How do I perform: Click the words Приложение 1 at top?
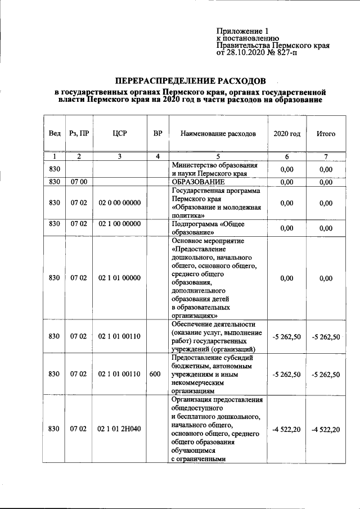click(x=244, y=32)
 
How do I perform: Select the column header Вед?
click(x=55, y=134)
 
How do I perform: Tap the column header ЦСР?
click(x=119, y=134)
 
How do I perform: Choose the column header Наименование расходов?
click(x=218, y=134)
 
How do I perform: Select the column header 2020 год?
click(x=286, y=134)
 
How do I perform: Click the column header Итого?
click(x=326, y=134)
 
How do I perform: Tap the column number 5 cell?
click(x=218, y=156)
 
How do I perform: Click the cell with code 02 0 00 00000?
click(x=119, y=203)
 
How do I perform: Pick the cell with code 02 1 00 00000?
click(x=119, y=224)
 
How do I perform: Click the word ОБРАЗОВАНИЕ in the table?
click(x=198, y=182)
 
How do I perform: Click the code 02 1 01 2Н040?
click(x=119, y=429)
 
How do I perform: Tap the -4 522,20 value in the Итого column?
click(x=326, y=429)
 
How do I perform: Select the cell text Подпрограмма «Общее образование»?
click(x=201, y=228)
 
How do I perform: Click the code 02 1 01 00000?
click(x=119, y=278)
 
